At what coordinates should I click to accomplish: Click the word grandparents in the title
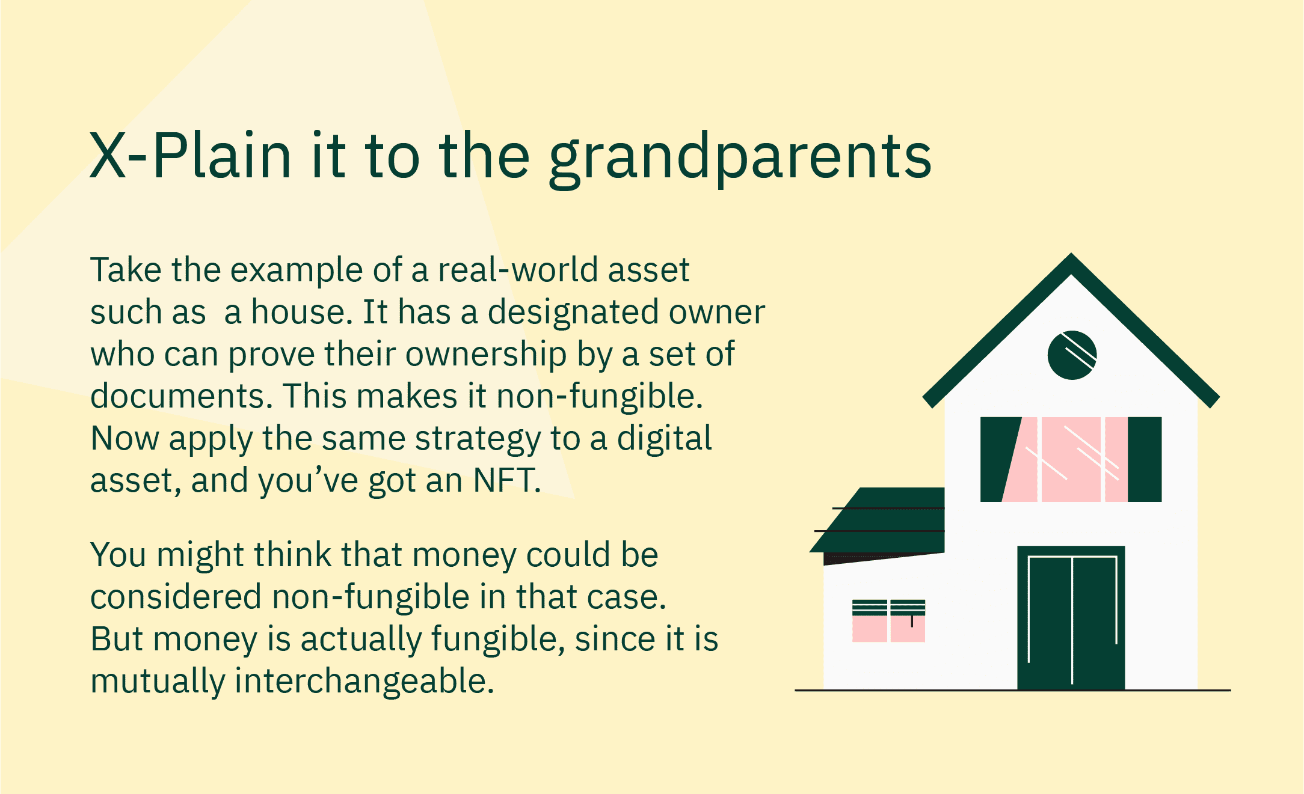pos(740,157)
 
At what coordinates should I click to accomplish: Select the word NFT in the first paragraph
pos(506,480)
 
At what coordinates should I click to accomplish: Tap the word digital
pos(664,438)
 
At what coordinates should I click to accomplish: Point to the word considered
pos(176,597)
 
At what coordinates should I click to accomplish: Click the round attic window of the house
pos(1072,355)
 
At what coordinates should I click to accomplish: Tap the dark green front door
pos(1071,618)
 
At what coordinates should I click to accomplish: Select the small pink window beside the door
pos(888,621)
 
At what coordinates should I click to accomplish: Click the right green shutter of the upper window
pos(1145,459)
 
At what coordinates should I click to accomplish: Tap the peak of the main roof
pos(1071,255)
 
